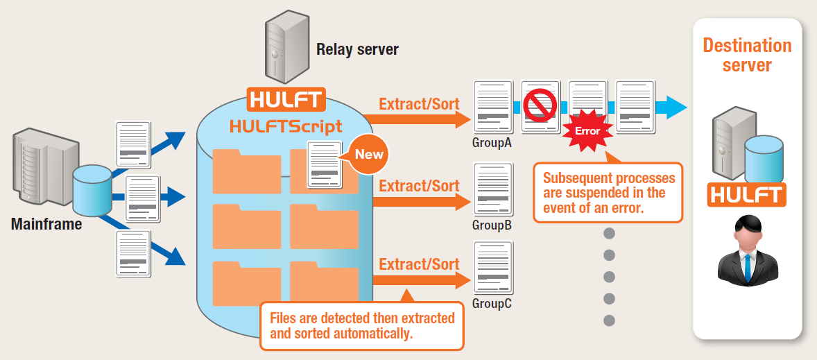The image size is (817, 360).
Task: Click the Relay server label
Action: tap(357, 49)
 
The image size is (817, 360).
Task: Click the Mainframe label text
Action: tap(46, 224)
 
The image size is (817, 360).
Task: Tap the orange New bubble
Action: tap(369, 154)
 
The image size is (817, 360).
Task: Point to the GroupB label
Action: tap(492, 225)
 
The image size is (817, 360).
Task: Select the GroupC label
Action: tap(492, 303)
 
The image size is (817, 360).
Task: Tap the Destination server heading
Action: tap(747, 55)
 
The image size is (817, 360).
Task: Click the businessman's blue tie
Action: tap(747, 267)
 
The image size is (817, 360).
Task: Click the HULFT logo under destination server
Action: tap(746, 195)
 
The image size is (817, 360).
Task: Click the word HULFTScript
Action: tap(286, 126)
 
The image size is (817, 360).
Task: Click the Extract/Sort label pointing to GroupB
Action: tap(419, 186)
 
